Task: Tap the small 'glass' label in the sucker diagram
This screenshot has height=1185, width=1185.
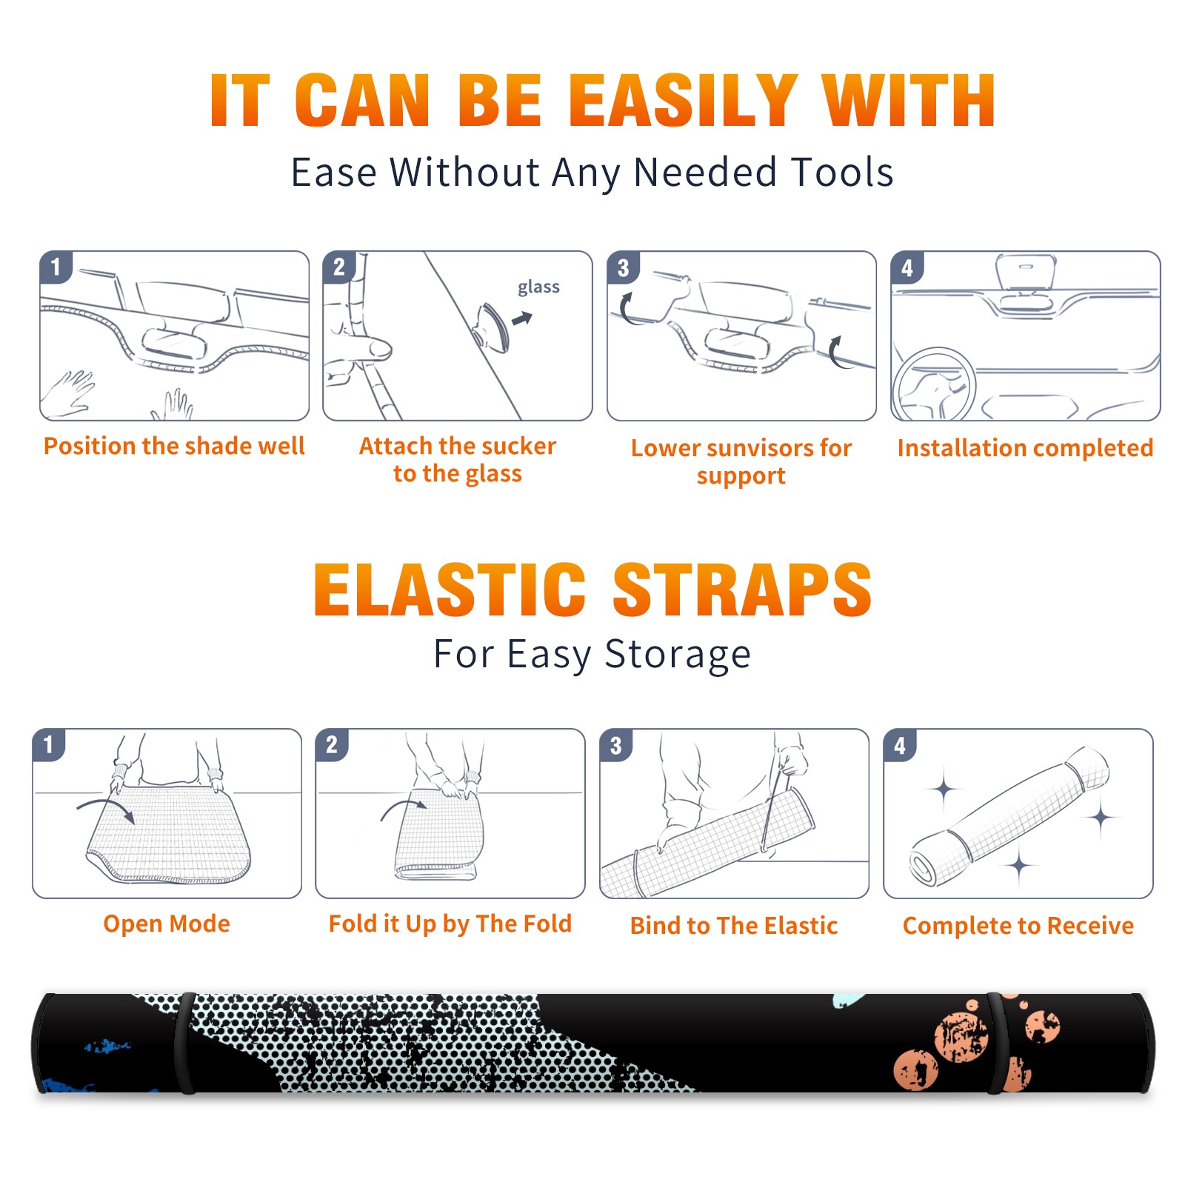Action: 538,287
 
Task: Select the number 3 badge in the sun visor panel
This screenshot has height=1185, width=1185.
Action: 622,267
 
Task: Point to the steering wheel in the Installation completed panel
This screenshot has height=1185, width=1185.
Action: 935,384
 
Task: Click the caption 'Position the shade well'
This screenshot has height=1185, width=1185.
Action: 174,446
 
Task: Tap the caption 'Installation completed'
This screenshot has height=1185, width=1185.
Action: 1025,448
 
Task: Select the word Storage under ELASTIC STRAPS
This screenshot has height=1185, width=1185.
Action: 678,655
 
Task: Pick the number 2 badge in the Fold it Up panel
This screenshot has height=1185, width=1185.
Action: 332,744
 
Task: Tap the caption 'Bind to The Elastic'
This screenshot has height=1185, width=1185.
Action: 733,926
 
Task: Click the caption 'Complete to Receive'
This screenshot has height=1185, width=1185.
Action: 1018,926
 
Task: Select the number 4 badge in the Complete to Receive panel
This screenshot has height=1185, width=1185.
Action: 899,745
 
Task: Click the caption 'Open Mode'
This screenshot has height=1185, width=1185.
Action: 167,924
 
